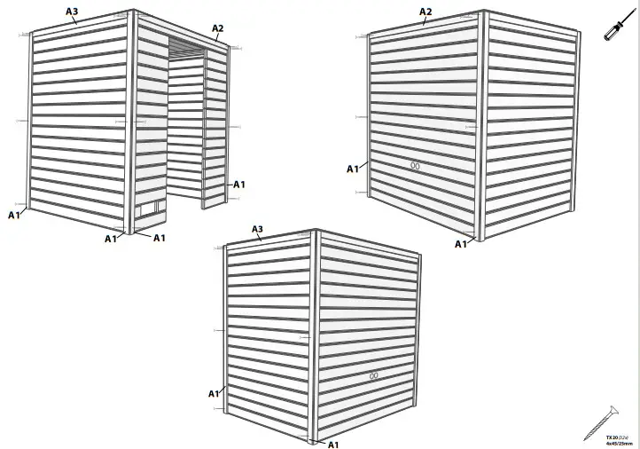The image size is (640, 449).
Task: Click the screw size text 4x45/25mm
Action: (617, 444)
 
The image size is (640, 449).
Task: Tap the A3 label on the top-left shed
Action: (72, 11)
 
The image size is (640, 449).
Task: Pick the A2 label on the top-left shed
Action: (218, 28)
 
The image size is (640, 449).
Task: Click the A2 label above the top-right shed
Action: (425, 12)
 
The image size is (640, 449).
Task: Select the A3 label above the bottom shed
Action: (258, 229)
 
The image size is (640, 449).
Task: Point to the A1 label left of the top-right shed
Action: (352, 169)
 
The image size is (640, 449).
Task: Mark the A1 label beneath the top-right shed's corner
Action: (461, 244)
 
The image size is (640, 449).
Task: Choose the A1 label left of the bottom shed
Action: (214, 393)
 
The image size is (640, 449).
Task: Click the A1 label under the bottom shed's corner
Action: (334, 444)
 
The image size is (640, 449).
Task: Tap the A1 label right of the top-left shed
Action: (238, 185)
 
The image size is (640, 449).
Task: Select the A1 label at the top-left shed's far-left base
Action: (14, 215)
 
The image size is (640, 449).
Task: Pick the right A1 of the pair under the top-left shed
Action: (160, 238)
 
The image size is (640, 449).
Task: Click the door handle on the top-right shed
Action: (414, 165)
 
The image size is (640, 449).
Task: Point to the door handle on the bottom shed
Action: (374, 376)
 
